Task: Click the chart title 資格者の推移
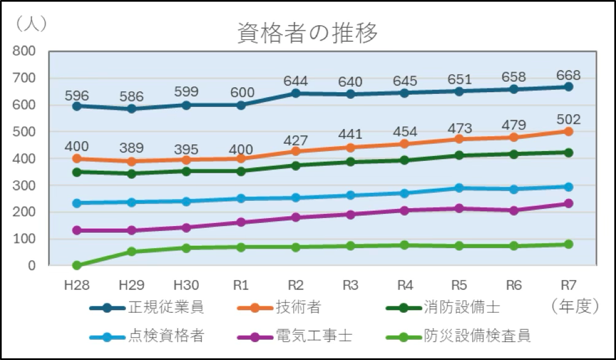[x=307, y=34]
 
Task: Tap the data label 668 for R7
[x=568, y=75]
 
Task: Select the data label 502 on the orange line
[x=568, y=119]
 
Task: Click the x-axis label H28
[x=76, y=285]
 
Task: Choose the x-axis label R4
[x=405, y=285]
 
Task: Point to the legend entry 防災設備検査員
[x=476, y=336]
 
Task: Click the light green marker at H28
[x=77, y=265]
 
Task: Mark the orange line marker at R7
[x=568, y=131]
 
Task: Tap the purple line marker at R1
[x=240, y=222]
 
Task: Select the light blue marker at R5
[x=459, y=188]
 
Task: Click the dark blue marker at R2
[x=295, y=93]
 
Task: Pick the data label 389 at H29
[x=132, y=148]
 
